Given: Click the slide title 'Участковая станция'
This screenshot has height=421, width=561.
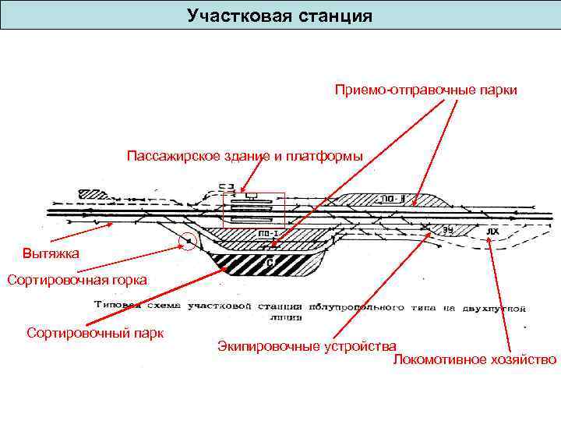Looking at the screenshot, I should tap(280, 16).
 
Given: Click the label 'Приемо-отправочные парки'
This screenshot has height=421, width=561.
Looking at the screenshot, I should tap(426, 90).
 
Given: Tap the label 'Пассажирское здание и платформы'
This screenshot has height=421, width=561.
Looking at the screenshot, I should tap(245, 155).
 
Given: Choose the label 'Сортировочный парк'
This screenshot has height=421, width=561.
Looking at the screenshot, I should tap(95, 333).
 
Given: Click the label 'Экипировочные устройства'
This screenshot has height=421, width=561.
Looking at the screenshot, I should tap(307, 345).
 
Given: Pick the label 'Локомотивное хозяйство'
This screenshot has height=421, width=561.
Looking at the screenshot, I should tap(475, 359).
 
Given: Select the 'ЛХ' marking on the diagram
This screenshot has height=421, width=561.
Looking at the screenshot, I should tap(491, 231).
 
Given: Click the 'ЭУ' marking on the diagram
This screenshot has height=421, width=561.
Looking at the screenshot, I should tap(449, 229).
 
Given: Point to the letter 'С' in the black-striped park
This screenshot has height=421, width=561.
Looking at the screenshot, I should tap(269, 264).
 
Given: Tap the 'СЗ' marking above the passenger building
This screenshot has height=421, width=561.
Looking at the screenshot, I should tap(226, 186).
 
